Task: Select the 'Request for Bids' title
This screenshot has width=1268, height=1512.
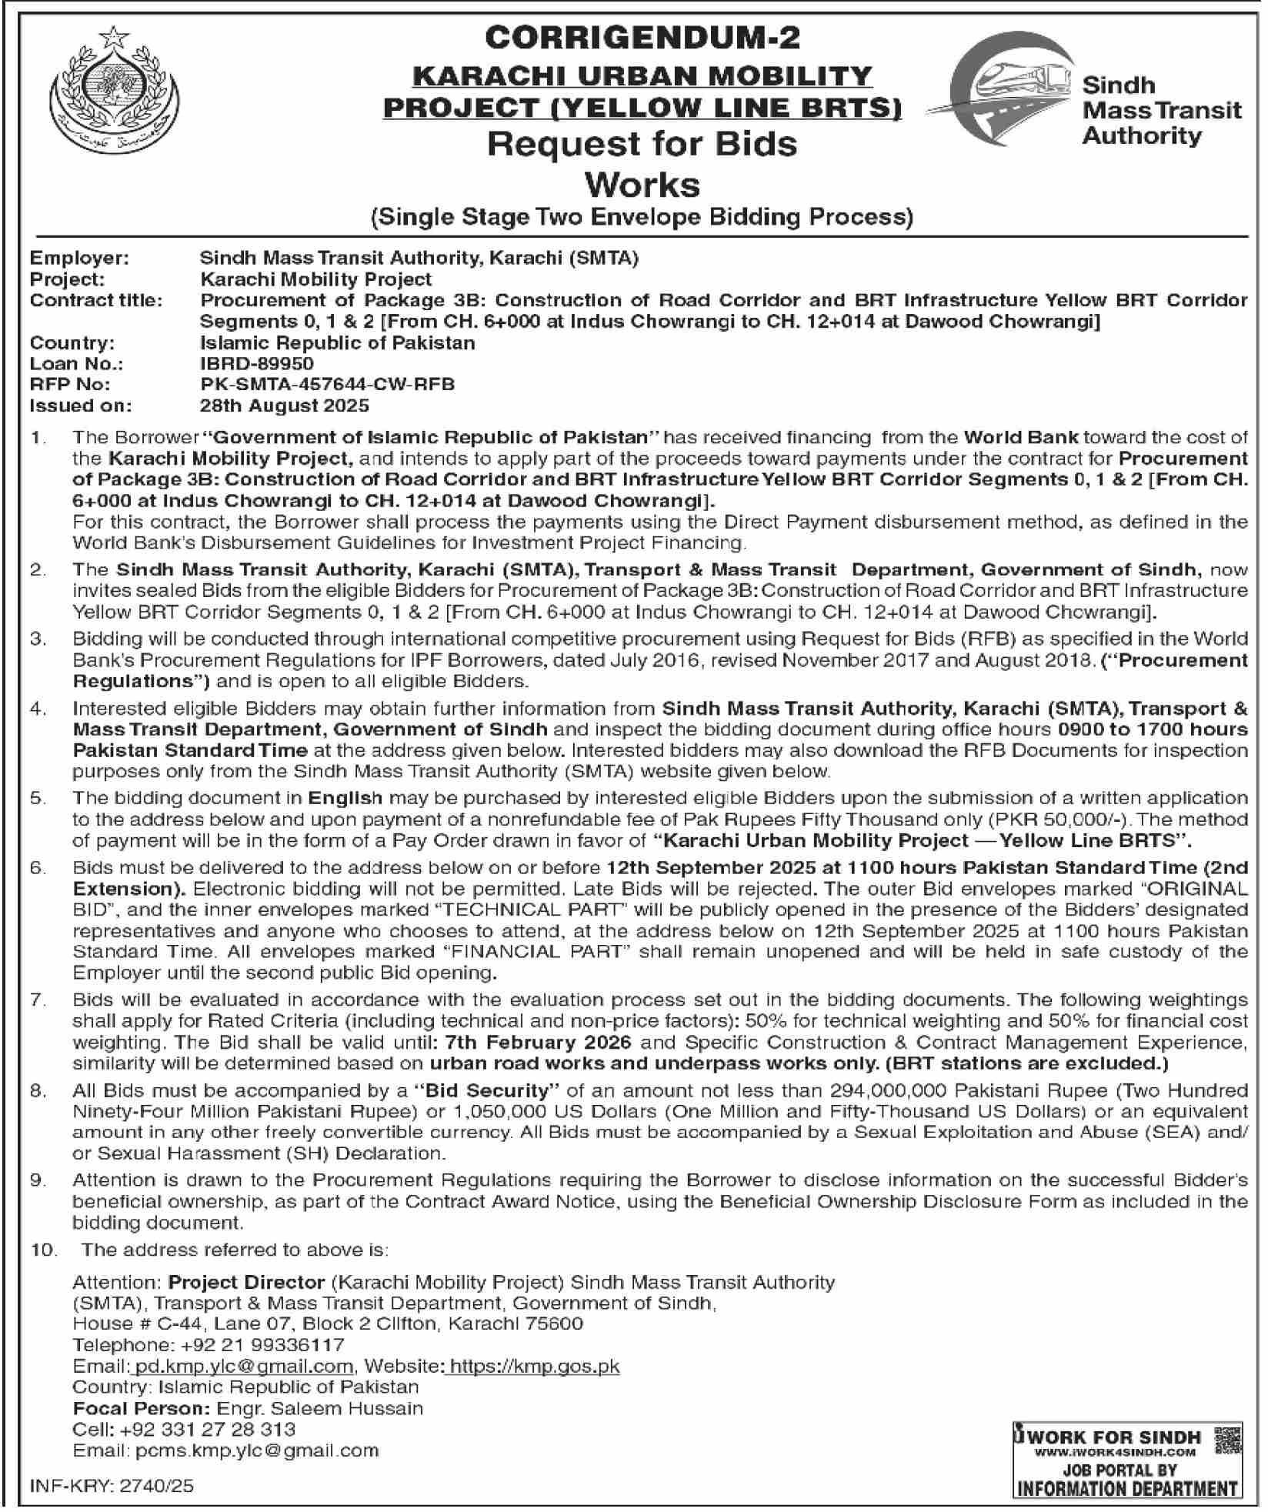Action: coord(642,144)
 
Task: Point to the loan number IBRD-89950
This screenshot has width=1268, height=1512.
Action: coord(257,363)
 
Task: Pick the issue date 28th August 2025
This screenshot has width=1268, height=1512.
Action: coord(285,405)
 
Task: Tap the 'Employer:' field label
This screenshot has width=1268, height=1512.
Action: coord(79,259)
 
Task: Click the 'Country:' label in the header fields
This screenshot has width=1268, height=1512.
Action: coord(72,342)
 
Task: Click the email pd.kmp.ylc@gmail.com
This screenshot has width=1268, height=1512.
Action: coord(243,1366)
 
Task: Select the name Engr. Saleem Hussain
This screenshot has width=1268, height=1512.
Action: coord(320,1408)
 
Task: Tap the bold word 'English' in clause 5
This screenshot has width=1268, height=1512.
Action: coord(345,798)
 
